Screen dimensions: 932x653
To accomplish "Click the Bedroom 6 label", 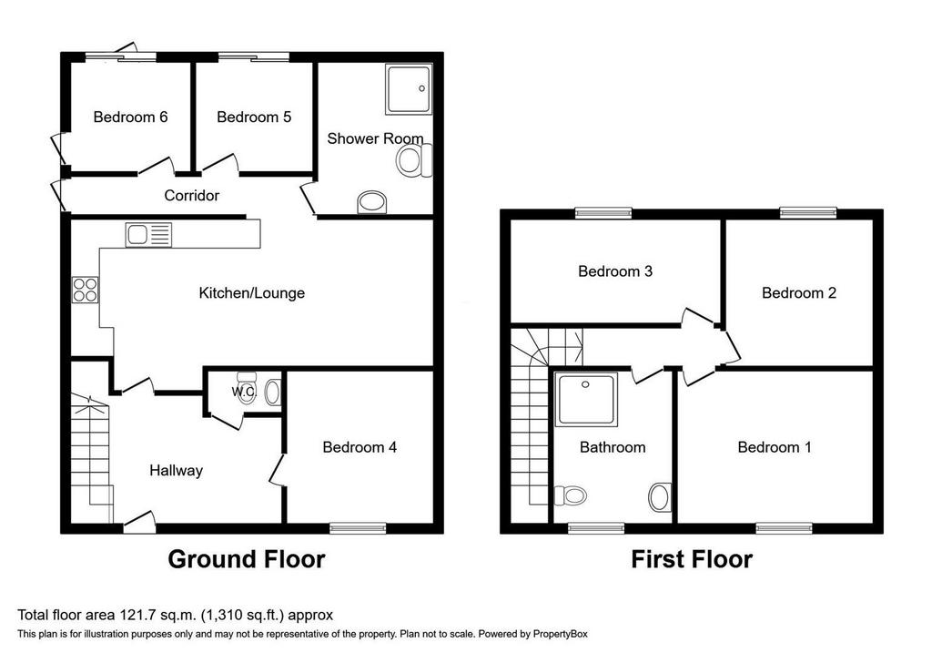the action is pyautogui.click(x=130, y=117).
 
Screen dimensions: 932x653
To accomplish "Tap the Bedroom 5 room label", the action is pyautogui.click(x=254, y=117).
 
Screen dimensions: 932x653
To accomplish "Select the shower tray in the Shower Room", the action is pyautogui.click(x=409, y=89).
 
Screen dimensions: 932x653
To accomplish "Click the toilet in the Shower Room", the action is pyautogui.click(x=414, y=161).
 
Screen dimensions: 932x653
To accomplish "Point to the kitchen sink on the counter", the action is pyautogui.click(x=148, y=235).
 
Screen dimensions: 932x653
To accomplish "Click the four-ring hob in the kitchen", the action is pyautogui.click(x=85, y=291).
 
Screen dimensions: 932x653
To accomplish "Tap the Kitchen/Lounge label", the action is pyautogui.click(x=251, y=292).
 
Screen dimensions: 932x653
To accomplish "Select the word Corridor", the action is pyautogui.click(x=191, y=195).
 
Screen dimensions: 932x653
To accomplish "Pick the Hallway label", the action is pyautogui.click(x=176, y=471).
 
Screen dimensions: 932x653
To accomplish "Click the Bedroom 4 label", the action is pyautogui.click(x=360, y=446).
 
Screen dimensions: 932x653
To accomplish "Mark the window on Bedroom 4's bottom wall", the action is pyautogui.click(x=358, y=527).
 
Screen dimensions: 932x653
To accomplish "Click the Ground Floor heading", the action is pyautogui.click(x=246, y=559).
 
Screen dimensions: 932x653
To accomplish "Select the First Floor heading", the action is pyautogui.click(x=692, y=559).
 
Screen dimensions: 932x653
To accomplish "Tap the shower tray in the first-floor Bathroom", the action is pyautogui.click(x=586, y=399).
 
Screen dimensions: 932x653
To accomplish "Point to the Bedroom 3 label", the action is pyautogui.click(x=615, y=271).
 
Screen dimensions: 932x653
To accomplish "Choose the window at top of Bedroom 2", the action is pyautogui.click(x=808, y=213).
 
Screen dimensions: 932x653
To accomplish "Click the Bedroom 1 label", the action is pyautogui.click(x=774, y=446).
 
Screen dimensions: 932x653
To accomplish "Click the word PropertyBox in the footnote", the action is pyautogui.click(x=560, y=634).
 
